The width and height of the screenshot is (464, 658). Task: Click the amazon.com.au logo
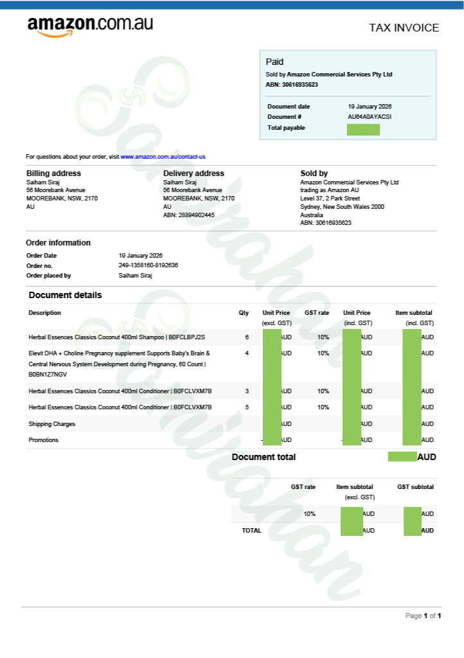click(90, 26)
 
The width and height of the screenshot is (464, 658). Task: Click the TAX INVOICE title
click(404, 28)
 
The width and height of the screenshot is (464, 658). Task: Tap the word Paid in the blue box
click(274, 62)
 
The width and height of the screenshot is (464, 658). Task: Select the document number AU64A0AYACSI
click(370, 117)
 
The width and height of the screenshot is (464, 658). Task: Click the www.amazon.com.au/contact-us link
click(163, 157)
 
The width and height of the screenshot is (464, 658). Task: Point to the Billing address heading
click(53, 173)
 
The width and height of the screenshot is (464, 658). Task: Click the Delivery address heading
click(193, 173)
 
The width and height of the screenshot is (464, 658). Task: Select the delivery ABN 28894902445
click(189, 215)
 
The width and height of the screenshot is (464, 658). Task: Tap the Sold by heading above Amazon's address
click(314, 173)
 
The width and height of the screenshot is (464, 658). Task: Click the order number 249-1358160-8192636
click(148, 265)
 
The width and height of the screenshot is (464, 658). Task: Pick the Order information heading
click(58, 243)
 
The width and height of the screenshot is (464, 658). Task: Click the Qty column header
click(244, 313)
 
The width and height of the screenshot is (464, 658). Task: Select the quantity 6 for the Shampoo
click(246, 337)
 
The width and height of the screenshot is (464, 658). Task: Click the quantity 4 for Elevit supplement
click(246, 353)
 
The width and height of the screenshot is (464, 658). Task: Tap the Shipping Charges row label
click(52, 424)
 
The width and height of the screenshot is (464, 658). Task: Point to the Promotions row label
click(44, 440)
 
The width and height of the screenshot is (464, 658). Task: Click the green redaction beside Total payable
click(363, 130)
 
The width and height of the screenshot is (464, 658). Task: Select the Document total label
click(263, 457)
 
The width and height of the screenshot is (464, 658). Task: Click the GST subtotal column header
click(415, 487)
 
